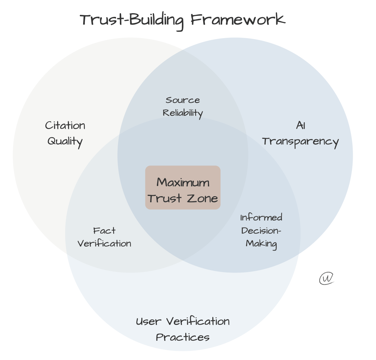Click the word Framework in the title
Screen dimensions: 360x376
tap(238, 20)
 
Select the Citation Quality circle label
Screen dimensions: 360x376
tap(65, 133)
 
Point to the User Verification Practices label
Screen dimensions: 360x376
tap(183, 329)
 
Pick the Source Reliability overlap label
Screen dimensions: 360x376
tap(183, 106)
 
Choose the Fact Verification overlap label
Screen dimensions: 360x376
tap(104, 237)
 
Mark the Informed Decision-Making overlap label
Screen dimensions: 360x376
tap(261, 231)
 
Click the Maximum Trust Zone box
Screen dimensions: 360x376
tap(183, 187)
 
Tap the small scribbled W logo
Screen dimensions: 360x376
tap(327, 278)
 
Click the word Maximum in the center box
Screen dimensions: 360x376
tap(183, 182)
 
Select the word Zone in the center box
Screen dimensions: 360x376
tap(202, 198)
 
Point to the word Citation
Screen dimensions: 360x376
tap(65, 126)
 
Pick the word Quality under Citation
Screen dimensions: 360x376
tap(65, 141)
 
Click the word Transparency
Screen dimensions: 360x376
tap(300, 142)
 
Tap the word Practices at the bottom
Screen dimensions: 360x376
tap(183, 337)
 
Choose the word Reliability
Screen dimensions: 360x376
tap(183, 113)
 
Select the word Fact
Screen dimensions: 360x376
tap(104, 231)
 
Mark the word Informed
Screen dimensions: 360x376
tap(261, 217)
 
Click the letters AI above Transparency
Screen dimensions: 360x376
tap(300, 126)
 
